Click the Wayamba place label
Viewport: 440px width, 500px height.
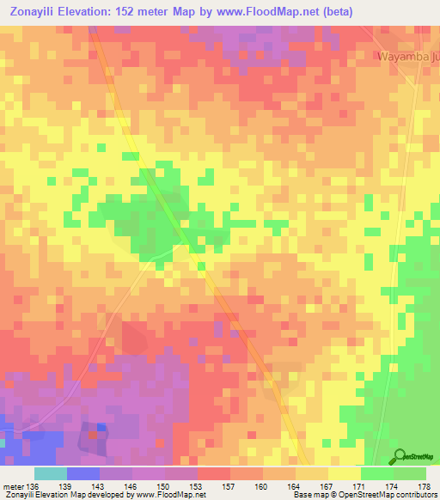[x=407, y=57]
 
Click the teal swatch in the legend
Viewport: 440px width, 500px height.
[x=50, y=474]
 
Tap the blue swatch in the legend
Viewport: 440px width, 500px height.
[x=82, y=474]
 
